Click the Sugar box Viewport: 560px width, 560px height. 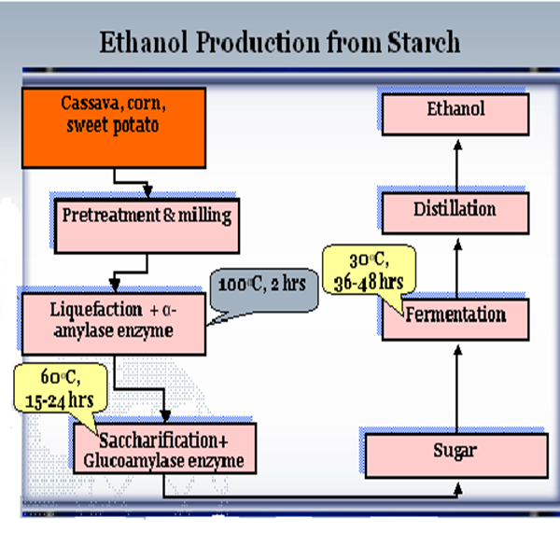455,455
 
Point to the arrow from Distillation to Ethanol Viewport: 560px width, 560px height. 458,163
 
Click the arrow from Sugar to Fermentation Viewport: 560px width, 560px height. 458,387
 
